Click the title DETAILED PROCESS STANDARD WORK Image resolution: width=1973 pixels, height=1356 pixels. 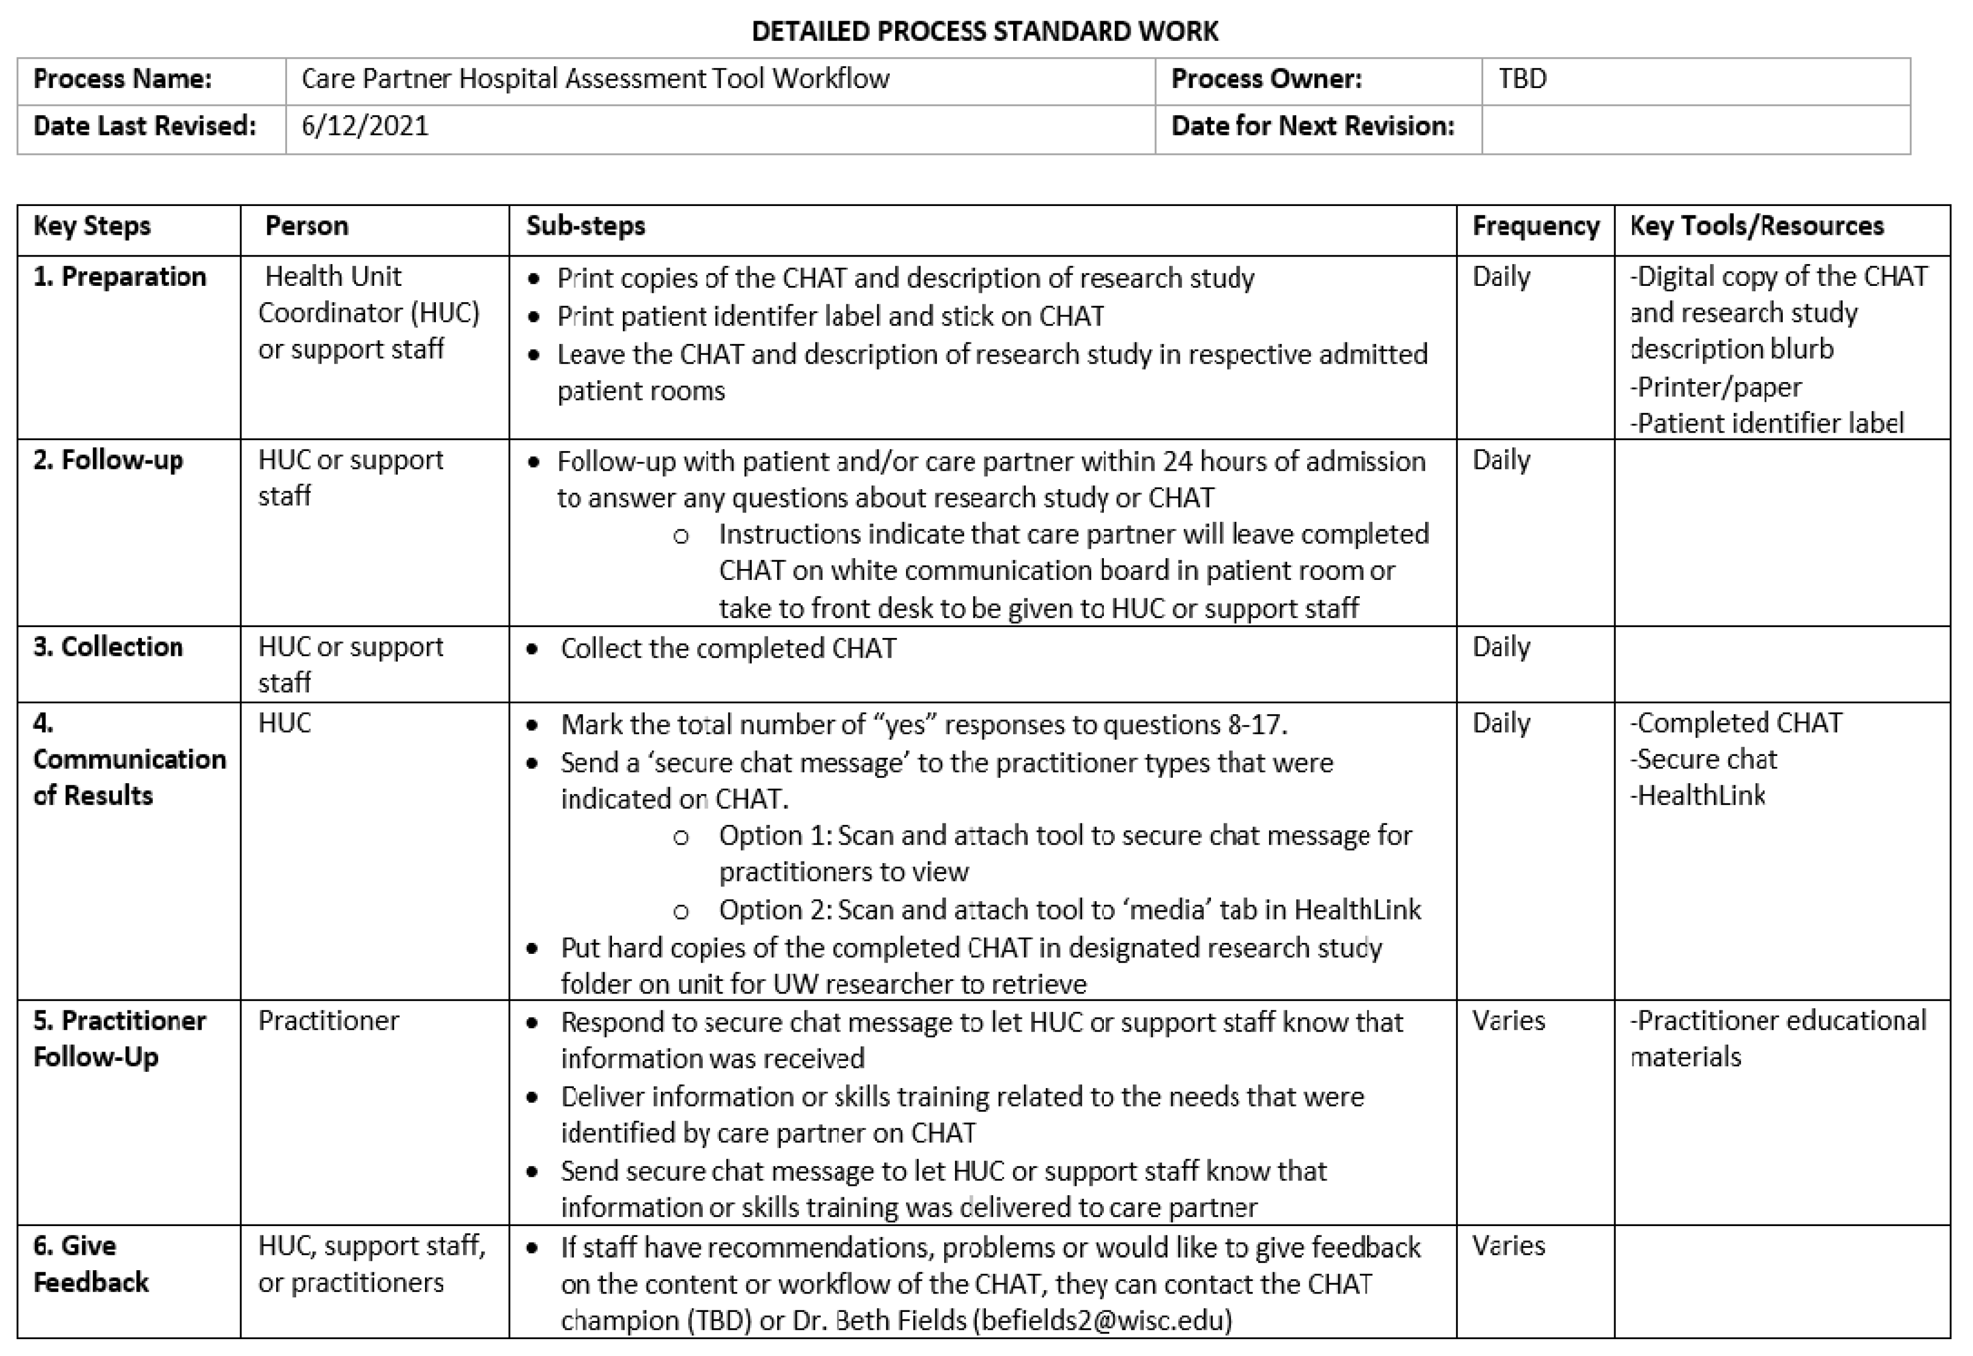[x=985, y=32]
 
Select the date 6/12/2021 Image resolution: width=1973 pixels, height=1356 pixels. [x=365, y=126]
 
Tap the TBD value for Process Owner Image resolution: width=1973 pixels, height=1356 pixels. [x=1522, y=79]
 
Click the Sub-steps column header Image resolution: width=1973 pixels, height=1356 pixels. [x=585, y=226]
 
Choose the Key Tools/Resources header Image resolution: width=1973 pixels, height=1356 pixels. [x=1756, y=226]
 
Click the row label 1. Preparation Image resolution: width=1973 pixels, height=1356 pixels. [x=120, y=277]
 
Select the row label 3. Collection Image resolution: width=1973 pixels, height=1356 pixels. [x=108, y=647]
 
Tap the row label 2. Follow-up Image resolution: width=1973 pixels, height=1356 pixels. [x=108, y=460]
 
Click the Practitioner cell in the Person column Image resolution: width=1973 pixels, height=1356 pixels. [x=328, y=1021]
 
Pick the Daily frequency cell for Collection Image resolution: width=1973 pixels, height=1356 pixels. [x=1501, y=647]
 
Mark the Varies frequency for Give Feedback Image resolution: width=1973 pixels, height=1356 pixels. [x=1508, y=1246]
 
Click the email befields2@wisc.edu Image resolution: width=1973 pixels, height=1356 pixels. [x=1102, y=1320]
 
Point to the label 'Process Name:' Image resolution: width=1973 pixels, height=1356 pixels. [x=122, y=79]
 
